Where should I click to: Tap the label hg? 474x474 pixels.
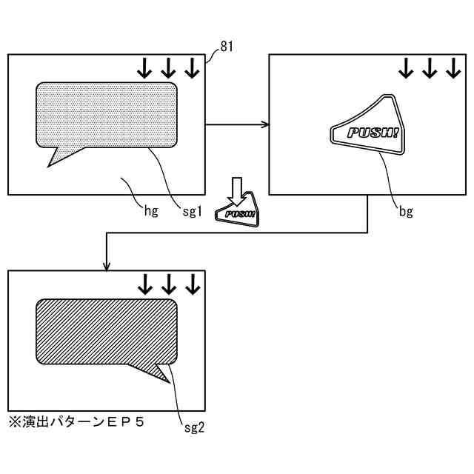click(x=152, y=211)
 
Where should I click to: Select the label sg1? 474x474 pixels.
click(x=192, y=211)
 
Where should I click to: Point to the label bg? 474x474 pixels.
click(x=406, y=212)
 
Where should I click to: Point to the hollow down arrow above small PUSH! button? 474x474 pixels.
click(x=236, y=190)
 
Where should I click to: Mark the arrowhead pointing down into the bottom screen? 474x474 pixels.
click(x=107, y=266)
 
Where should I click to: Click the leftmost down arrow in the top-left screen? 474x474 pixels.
click(x=144, y=68)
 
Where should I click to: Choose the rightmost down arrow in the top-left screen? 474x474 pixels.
click(x=192, y=68)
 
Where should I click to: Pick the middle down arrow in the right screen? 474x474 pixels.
click(x=429, y=68)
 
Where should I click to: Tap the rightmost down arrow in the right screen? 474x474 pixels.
click(x=453, y=68)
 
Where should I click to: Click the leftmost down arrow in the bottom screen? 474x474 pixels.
click(x=145, y=284)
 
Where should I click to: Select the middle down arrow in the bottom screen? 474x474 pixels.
click(x=169, y=284)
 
